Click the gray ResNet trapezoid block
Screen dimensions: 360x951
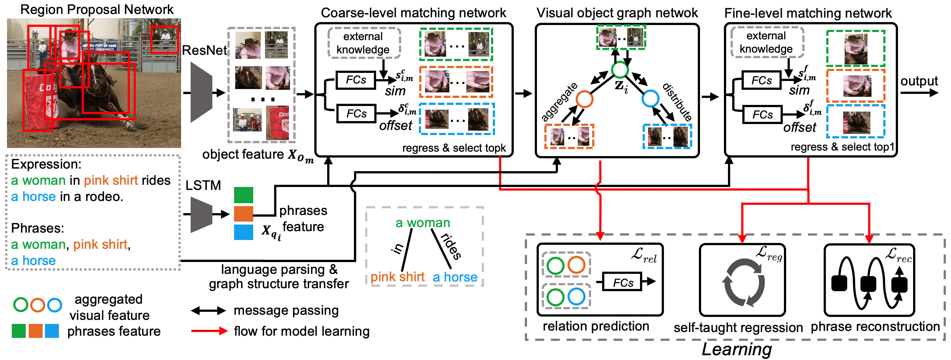(x=201, y=92)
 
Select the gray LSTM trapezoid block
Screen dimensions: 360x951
(x=201, y=215)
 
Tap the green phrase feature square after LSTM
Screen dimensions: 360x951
(x=244, y=195)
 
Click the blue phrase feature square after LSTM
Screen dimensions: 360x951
(x=244, y=232)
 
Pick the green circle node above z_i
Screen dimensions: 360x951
(x=619, y=70)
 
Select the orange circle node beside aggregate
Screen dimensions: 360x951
(x=584, y=99)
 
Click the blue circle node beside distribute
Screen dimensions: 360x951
(x=650, y=99)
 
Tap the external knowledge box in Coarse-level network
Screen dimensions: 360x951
(x=364, y=43)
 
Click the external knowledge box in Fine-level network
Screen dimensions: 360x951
(x=767, y=42)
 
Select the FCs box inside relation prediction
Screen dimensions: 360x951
(x=623, y=282)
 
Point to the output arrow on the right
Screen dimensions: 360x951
(x=919, y=92)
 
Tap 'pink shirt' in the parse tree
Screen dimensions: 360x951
(x=397, y=277)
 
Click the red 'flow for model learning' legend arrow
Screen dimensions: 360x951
(x=209, y=331)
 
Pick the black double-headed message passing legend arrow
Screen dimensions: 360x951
(x=209, y=311)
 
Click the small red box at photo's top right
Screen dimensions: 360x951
(x=165, y=39)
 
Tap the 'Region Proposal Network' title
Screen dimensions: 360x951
(x=97, y=9)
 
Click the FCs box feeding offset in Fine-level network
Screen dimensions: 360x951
(x=762, y=115)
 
